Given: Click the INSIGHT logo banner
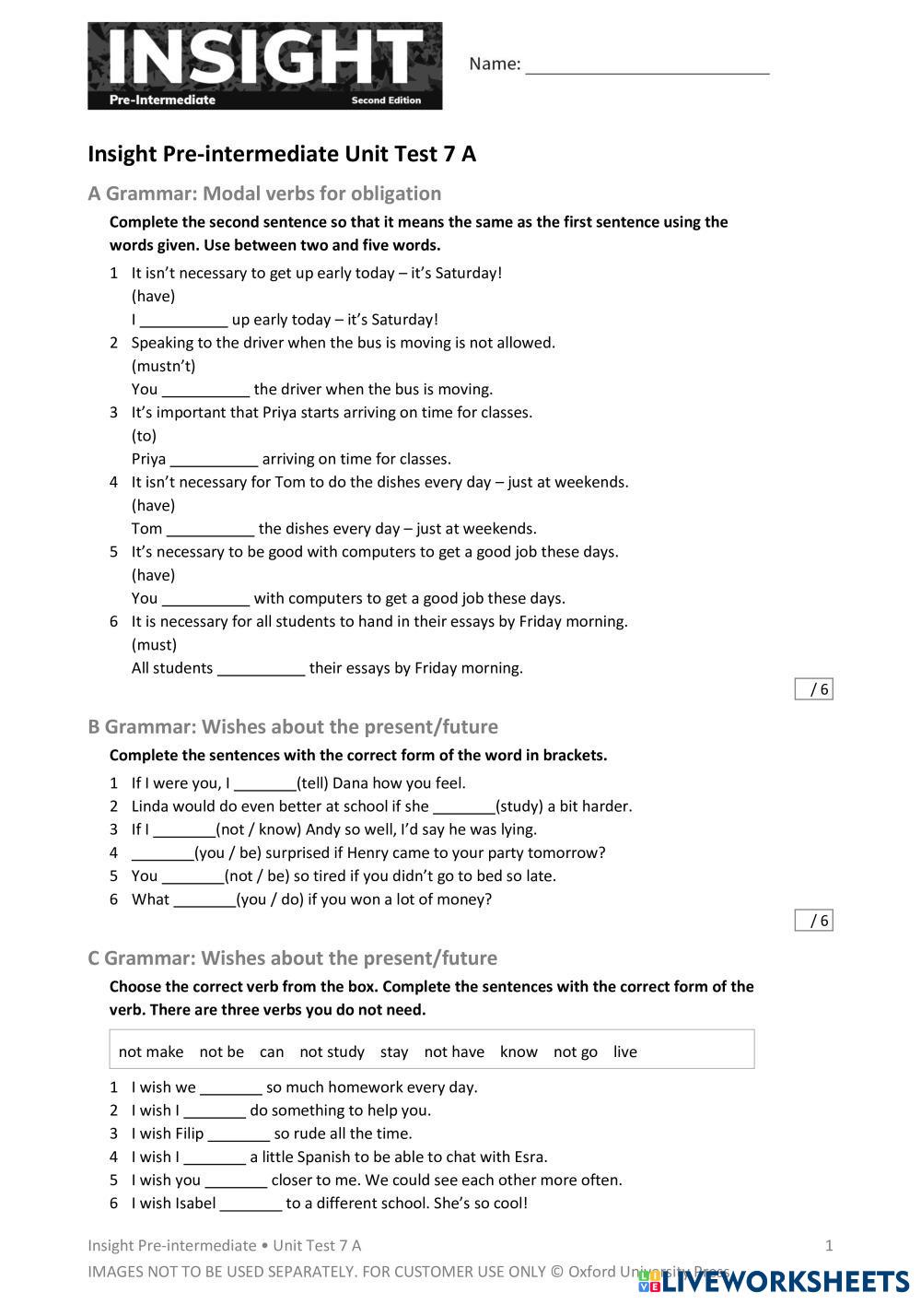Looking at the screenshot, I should point(264,66).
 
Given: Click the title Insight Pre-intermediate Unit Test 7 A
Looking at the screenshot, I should point(282,154).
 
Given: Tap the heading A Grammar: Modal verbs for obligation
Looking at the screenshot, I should point(264,194).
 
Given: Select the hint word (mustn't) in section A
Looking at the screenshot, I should point(163,366).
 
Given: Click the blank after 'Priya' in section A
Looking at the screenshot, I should point(214,459).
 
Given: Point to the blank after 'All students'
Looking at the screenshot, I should point(261,668).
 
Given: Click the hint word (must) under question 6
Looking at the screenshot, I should point(154,644).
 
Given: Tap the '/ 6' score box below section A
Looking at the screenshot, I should point(814,689).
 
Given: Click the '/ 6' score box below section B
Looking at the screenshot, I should point(814,921).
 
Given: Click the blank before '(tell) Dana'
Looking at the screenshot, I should point(265,783).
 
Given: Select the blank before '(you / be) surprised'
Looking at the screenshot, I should point(162,853).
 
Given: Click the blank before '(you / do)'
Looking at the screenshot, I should point(204,899).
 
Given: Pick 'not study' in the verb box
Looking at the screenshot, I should point(332,1051).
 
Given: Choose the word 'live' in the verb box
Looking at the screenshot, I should point(624,1051).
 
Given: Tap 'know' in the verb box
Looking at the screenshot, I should point(519,1051).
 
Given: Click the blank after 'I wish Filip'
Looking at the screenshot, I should point(239,1134).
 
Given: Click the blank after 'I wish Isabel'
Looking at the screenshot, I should point(251,1204).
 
